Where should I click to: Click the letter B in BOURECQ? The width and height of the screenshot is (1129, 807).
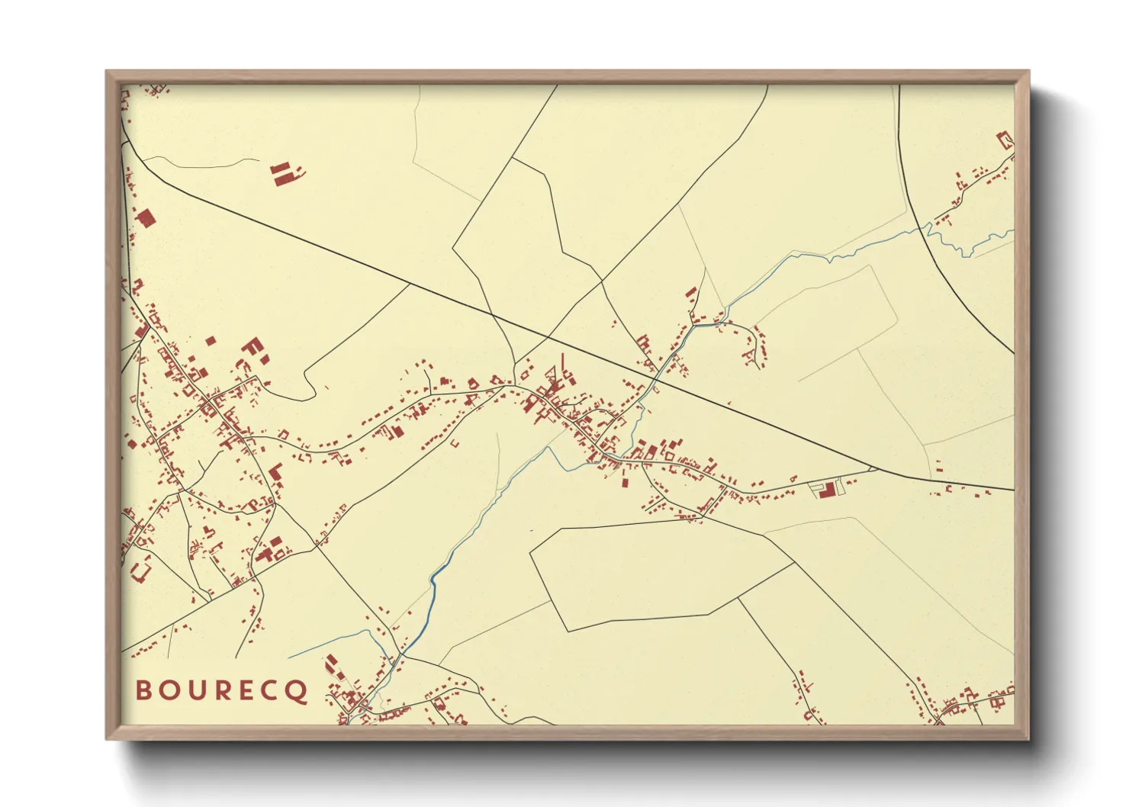point(143,690)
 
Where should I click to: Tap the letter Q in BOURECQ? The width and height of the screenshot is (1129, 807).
point(298,692)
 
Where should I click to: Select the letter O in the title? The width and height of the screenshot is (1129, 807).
point(168,690)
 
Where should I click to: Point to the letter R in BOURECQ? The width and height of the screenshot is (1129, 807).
point(220,690)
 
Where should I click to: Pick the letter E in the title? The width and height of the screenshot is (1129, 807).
point(245,690)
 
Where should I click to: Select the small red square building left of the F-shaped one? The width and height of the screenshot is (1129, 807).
point(211,342)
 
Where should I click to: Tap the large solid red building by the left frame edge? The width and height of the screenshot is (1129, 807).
point(146,218)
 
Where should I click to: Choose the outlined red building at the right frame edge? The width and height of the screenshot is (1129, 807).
point(1005,140)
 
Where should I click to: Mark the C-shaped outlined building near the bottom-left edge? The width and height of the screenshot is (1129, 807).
point(141,569)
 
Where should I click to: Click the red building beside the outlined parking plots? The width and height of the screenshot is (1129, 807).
point(825,489)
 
